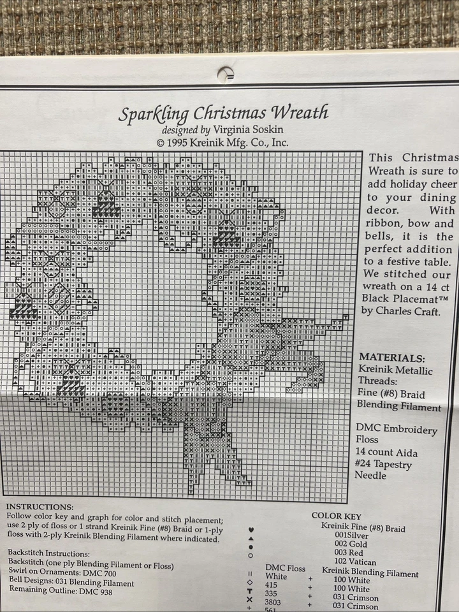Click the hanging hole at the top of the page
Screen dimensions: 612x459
tap(226, 75)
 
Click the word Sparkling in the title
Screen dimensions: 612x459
tap(153, 115)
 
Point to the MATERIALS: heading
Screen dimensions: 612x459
tap(391, 358)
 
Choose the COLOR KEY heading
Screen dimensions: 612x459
tap(337, 516)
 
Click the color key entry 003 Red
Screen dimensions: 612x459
tap(348, 552)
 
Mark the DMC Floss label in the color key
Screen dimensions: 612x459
tap(285, 567)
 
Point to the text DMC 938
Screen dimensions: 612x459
tap(98, 591)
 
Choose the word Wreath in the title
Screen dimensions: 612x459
tap(300, 113)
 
